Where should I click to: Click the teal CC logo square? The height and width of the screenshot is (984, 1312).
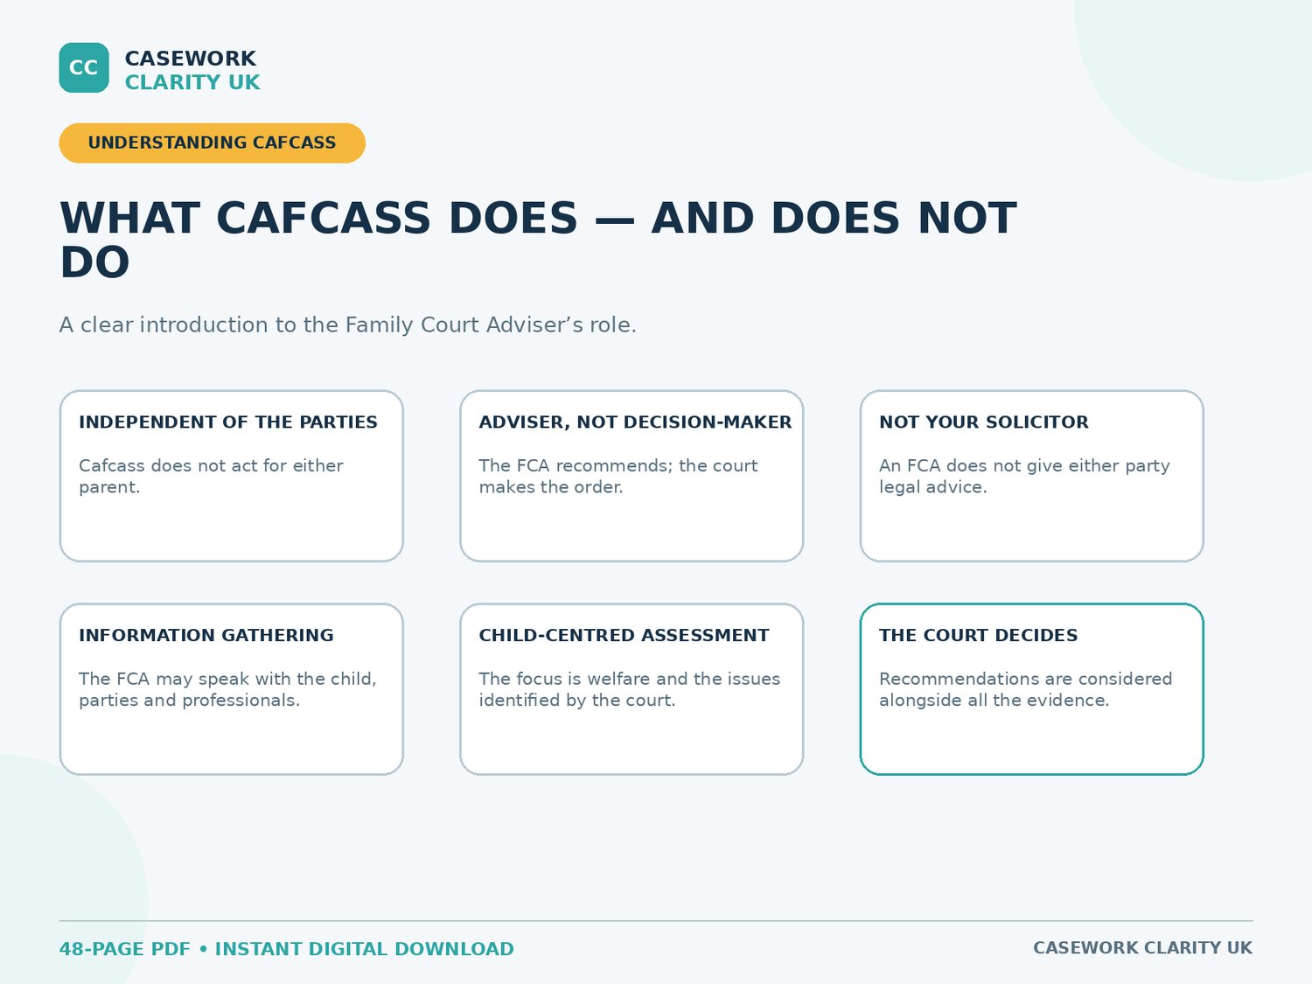tap(84, 67)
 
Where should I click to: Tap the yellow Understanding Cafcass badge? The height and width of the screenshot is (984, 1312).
tap(213, 143)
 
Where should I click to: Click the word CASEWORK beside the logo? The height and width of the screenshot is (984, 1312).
tap(190, 59)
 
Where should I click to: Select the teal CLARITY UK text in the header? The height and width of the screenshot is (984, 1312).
tap(192, 82)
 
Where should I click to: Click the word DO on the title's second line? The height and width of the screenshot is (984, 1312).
tap(94, 262)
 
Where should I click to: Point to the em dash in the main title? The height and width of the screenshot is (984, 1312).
tap(615, 220)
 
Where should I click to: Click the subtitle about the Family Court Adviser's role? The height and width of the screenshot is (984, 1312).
tap(348, 325)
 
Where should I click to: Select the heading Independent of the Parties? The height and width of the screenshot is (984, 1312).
tap(227, 422)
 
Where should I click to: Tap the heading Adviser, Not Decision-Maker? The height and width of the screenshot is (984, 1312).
tap(635, 422)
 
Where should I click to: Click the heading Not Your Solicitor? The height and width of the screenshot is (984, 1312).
tap(983, 422)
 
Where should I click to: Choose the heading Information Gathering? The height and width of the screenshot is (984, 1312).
tap(206, 635)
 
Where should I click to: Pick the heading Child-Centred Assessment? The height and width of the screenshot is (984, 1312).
tap(624, 635)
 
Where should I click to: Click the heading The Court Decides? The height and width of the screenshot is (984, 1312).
tap(978, 635)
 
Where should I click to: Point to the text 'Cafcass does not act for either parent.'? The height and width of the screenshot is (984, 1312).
tap(211, 476)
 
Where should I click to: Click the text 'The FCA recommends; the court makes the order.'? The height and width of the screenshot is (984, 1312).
tap(618, 476)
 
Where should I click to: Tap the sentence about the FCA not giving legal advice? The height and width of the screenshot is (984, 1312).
tap(1024, 476)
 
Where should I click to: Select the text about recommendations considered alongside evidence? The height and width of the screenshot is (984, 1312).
tap(1025, 689)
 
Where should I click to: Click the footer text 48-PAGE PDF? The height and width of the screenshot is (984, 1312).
tap(124, 949)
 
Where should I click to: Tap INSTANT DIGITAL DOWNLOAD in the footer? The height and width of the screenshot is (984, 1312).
tap(364, 949)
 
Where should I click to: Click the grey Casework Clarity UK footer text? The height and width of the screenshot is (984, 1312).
tap(1142, 947)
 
